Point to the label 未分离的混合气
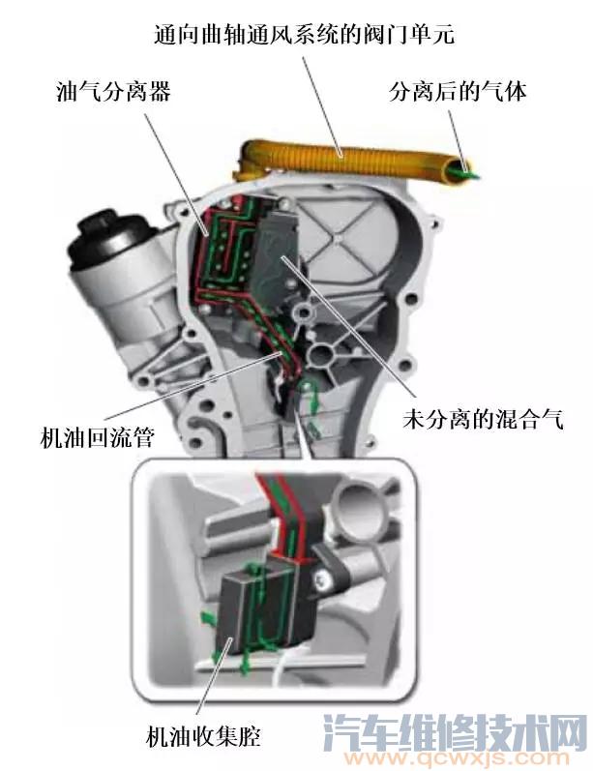(x=482, y=420)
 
